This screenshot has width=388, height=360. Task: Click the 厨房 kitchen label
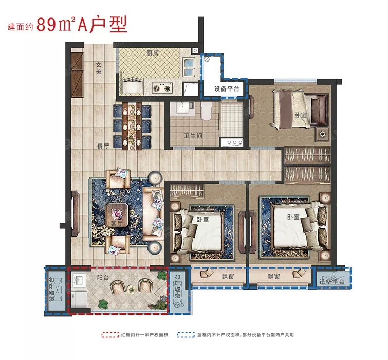152,53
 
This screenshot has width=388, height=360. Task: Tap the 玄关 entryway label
99,68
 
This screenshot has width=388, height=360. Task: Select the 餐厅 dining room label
103,146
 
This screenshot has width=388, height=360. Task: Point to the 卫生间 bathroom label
193,136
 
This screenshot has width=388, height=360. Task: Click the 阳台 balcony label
103,278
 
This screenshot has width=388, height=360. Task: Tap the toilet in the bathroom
206,112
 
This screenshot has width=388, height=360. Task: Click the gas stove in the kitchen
162,87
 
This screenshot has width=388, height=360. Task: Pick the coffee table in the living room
117,214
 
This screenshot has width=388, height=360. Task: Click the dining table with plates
132,126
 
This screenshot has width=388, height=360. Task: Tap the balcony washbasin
79,281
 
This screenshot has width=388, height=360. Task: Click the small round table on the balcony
131,289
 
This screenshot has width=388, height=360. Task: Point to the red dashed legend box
110,335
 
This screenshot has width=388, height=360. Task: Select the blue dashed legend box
186,335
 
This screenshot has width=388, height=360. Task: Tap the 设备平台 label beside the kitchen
227,88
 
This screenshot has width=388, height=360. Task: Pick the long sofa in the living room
153,214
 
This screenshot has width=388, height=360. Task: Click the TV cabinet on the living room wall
75,213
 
